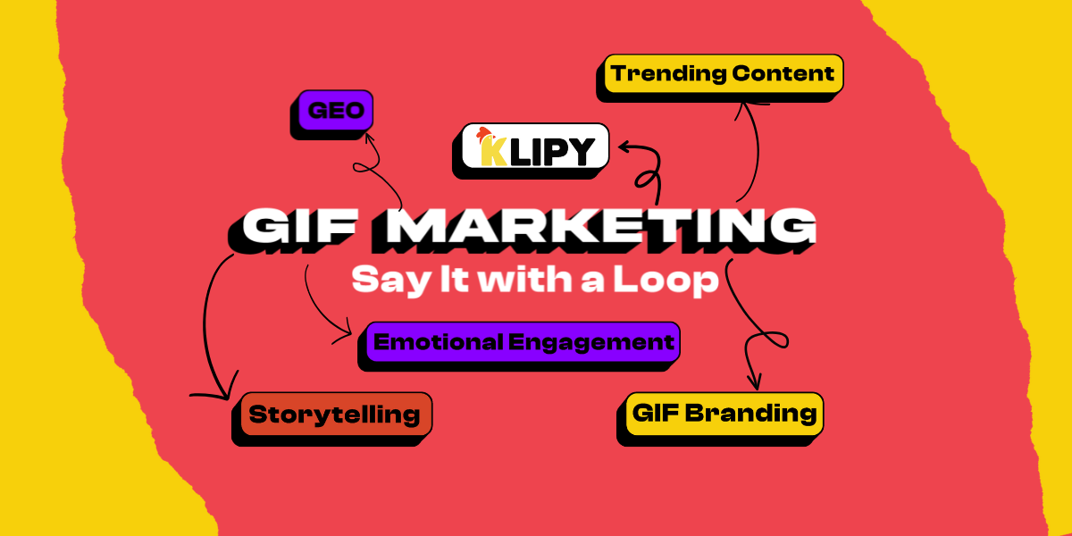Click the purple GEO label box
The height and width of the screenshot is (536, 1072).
coord(332,110)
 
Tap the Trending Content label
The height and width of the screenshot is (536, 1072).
coord(723,73)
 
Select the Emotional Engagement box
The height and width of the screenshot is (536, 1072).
coord(523,341)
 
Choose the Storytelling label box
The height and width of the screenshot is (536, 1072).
coord(335,414)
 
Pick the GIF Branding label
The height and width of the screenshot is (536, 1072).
coord(724,413)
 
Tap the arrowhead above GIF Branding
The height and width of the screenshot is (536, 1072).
coord(753,382)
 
